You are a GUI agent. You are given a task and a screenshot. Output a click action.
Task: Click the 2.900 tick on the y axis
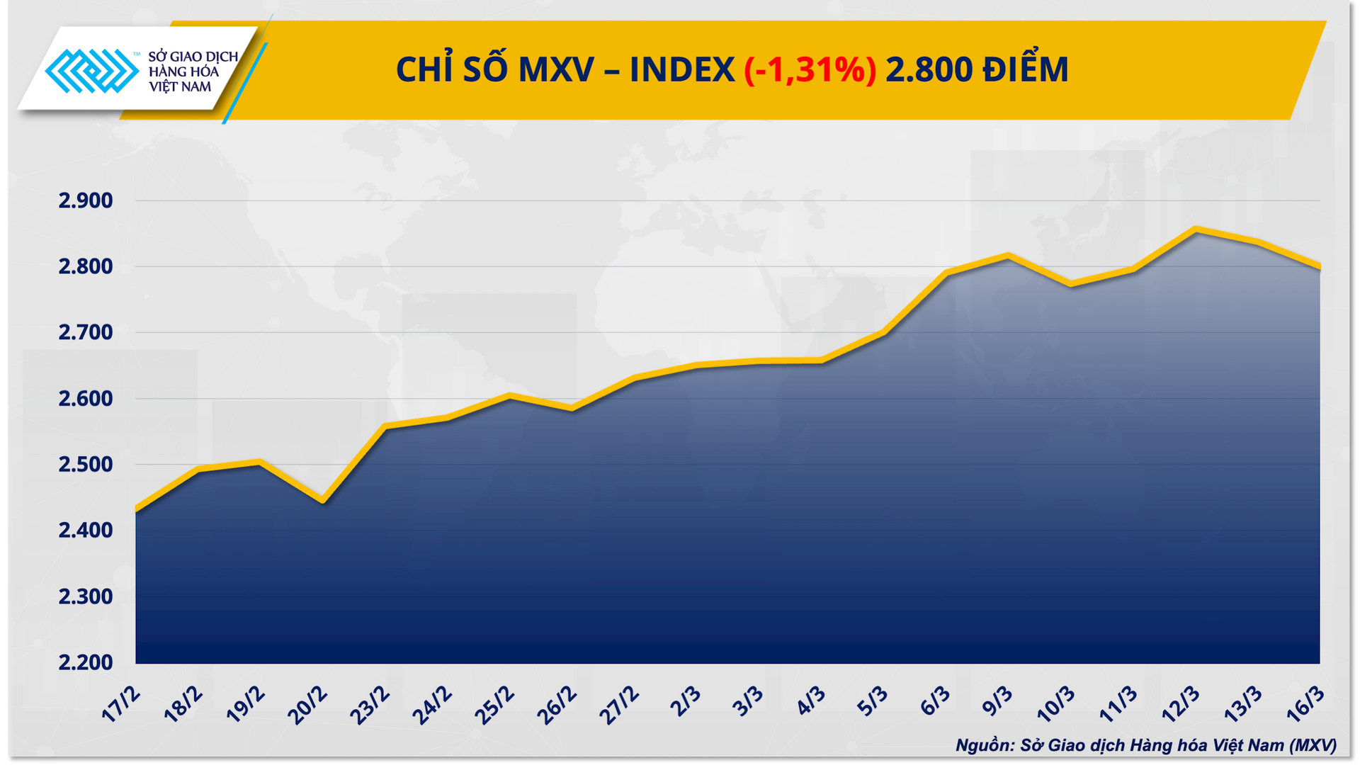pyautogui.click(x=86, y=201)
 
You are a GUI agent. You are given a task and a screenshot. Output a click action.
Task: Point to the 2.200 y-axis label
pyautogui.click(x=86, y=663)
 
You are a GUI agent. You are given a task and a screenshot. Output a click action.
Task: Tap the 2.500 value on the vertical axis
pyautogui.click(x=86, y=465)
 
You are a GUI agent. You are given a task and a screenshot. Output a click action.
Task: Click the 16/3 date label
pyautogui.click(x=1305, y=704)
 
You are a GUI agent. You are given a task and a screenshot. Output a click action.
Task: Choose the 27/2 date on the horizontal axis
pyautogui.click(x=620, y=705)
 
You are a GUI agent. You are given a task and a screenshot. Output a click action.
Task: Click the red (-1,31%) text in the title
pyautogui.click(x=810, y=70)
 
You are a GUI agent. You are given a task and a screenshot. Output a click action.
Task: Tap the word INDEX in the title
pyautogui.click(x=681, y=70)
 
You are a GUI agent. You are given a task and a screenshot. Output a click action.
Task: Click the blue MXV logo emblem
pyautogui.click(x=91, y=71)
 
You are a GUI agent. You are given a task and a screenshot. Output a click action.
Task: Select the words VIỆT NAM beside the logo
pyautogui.click(x=180, y=87)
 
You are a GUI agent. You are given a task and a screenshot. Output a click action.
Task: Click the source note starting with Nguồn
pyautogui.click(x=1145, y=745)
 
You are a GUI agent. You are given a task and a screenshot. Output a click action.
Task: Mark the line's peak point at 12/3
pyautogui.click(x=1196, y=229)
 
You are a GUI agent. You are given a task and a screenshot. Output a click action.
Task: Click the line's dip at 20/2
pyautogui.click(x=323, y=501)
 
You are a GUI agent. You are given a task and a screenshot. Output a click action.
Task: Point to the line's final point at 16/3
pyautogui.click(x=1319, y=267)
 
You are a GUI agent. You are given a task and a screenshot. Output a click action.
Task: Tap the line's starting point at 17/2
pyautogui.click(x=137, y=510)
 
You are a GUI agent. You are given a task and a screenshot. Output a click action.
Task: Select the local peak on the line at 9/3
pyautogui.click(x=1009, y=256)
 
